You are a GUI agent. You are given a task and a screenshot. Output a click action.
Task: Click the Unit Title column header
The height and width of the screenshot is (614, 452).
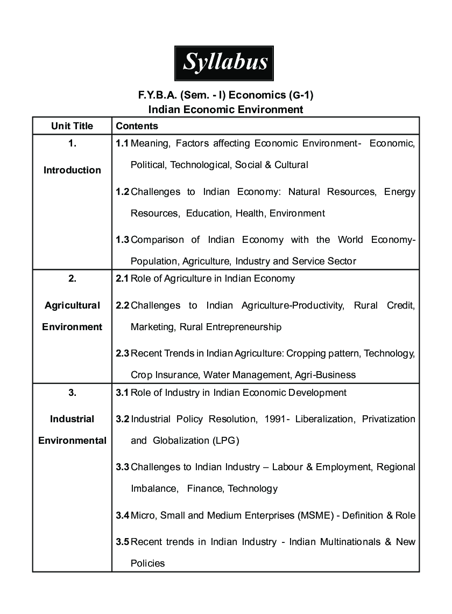[72, 126]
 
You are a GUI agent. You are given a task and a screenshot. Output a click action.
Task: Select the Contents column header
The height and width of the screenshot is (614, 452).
[137, 126]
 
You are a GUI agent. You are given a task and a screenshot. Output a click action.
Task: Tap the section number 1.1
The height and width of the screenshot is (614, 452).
[123, 144]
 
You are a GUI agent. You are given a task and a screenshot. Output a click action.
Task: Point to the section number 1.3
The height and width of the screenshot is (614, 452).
[123, 240]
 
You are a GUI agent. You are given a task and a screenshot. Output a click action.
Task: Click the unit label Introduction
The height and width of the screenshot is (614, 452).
[72, 170]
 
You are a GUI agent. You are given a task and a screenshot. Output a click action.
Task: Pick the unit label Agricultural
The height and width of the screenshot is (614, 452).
[72, 305]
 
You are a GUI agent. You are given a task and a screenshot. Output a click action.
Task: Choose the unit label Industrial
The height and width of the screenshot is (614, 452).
[72, 419]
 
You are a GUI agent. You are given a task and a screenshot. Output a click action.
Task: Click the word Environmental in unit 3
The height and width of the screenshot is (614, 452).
[72, 441]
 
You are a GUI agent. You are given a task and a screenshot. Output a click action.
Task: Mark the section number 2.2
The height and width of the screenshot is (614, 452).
[123, 305]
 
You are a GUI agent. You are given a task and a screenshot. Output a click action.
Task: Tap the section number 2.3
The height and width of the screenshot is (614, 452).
[123, 354]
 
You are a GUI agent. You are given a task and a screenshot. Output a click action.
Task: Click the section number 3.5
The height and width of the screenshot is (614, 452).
[123, 542]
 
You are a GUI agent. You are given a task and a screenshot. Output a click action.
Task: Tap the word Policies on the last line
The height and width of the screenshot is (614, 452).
[147, 563]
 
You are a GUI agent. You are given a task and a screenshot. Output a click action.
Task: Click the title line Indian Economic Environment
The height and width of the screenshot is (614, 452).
[226, 110]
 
